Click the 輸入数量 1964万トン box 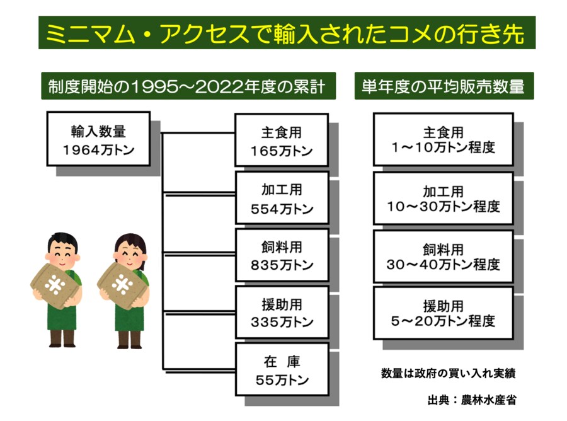tap(98, 139)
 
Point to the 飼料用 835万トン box tap(282, 255)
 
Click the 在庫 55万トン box tap(282, 370)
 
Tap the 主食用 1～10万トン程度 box tap(443, 139)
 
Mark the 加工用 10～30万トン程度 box tap(443, 198)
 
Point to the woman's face tap(129, 251)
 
